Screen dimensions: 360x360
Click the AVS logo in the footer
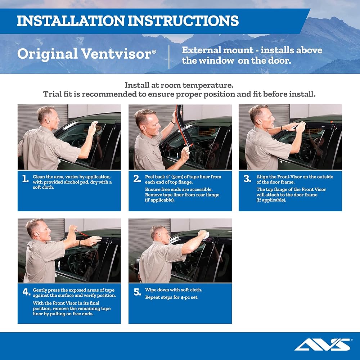tap(322, 345)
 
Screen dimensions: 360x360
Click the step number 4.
tap(26, 292)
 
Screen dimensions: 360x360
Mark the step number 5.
tap(137, 292)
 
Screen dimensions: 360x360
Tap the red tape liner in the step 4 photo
tap(81, 233)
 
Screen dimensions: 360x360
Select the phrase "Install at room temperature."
tap(179, 85)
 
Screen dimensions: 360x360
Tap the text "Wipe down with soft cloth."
tap(174, 290)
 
